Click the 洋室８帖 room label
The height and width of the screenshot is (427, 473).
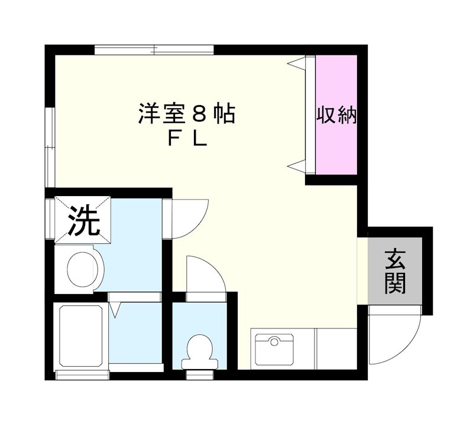pyautogui.click(x=187, y=113)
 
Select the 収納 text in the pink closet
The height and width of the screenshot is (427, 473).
pyautogui.click(x=336, y=115)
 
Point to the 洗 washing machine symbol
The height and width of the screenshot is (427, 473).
pyautogui.click(x=82, y=220)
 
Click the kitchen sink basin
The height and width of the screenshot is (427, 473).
pyautogui.click(x=274, y=349)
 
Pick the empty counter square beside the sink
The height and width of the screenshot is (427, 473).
pyautogui.click(x=336, y=349)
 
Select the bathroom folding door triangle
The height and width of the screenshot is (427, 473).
pyautogui.click(x=116, y=308)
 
